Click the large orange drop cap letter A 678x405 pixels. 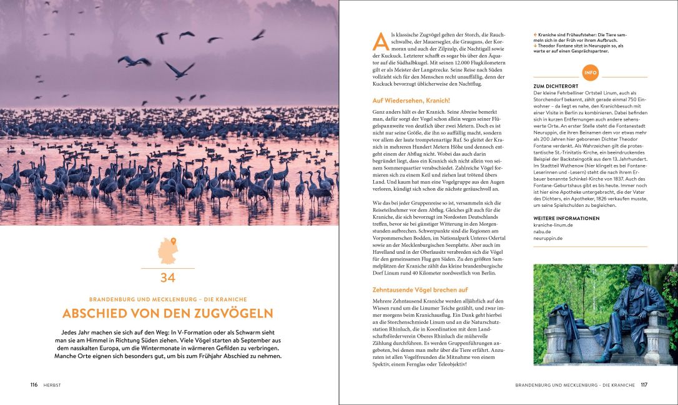point(380,41)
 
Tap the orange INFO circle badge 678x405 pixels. point(590,72)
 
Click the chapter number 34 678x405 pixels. point(167,277)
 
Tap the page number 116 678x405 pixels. point(34,385)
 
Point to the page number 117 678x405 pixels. point(644,385)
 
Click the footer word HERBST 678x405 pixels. point(52,385)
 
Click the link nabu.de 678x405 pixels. point(543,231)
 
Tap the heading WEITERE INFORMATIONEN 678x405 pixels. point(566,218)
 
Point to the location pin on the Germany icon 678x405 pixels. point(174,241)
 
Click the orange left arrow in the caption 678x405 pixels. point(536,34)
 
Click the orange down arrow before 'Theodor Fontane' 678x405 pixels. point(536,45)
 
